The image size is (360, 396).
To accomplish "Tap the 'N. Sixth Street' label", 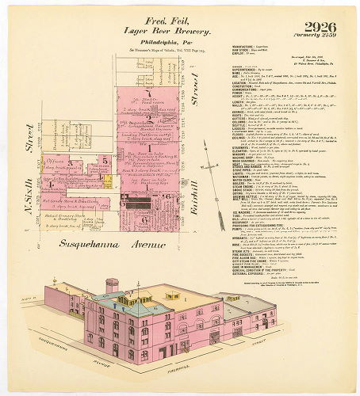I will (33, 143).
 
